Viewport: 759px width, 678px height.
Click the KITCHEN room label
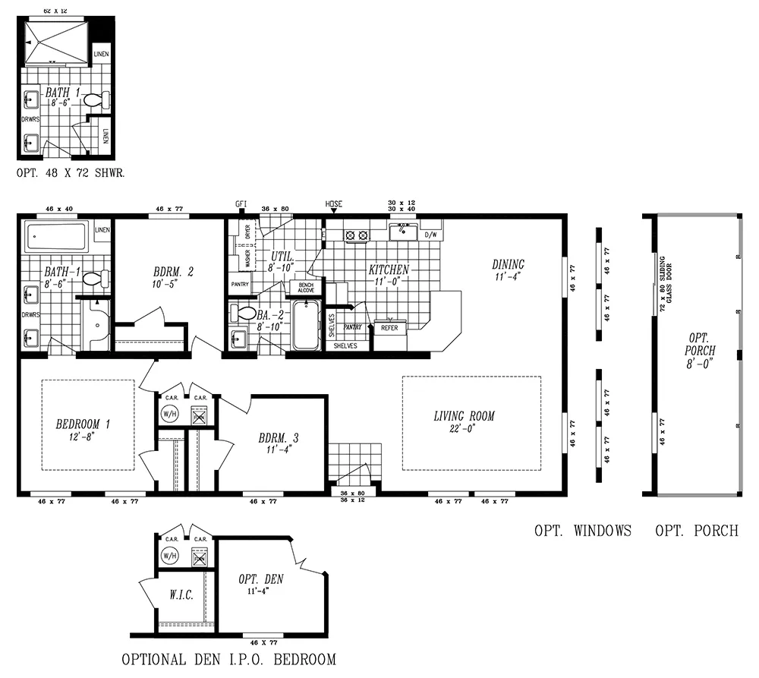tap(389, 270)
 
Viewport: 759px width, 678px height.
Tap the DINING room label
tap(508, 264)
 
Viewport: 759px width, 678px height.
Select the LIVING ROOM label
tap(464, 416)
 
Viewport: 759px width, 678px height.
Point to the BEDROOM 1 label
tap(83, 424)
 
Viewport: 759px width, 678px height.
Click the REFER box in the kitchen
tap(389, 328)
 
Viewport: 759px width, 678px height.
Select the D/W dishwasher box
tap(431, 235)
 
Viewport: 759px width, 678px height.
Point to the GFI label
tap(241, 204)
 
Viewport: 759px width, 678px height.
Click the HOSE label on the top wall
tap(334, 204)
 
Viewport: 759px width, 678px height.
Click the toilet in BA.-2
tap(245, 312)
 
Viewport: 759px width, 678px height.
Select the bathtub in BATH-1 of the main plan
tap(58, 238)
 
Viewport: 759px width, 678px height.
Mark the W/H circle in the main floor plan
tap(169, 415)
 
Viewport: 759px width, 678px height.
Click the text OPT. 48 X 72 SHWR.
tap(71, 172)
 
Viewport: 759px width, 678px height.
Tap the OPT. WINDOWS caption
tap(582, 531)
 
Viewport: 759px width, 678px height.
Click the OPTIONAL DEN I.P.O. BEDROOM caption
tap(228, 659)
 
